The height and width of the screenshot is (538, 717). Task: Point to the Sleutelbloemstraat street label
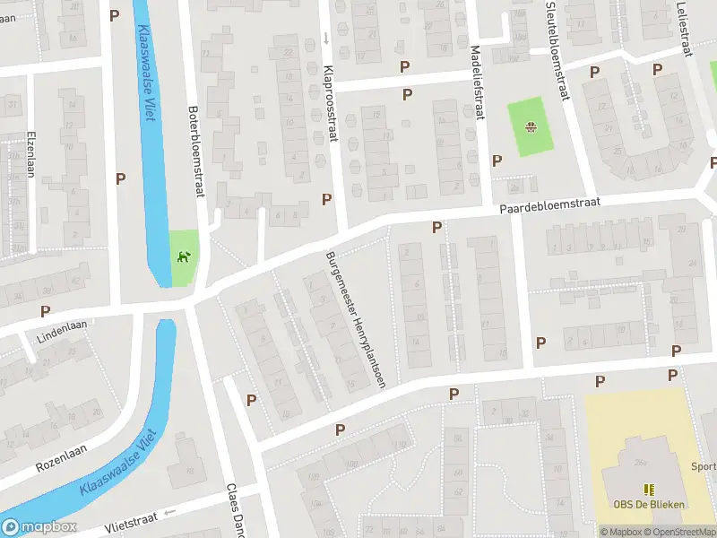(x=557, y=50)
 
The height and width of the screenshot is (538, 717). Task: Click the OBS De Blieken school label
(x=650, y=504)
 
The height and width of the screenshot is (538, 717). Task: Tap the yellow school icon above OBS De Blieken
(x=650, y=489)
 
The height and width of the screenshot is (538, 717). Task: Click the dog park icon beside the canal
(x=184, y=258)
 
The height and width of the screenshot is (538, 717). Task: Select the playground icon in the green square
(x=531, y=126)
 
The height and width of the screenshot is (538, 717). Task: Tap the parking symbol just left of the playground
(x=497, y=160)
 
